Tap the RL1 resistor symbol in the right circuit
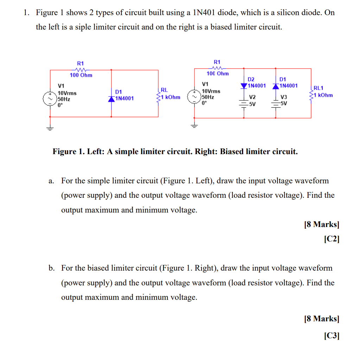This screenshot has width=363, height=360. coord(311,92)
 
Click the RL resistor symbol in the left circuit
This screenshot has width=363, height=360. coord(159,95)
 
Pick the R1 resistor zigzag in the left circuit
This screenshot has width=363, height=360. coord(81,69)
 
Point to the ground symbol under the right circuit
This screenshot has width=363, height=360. coord(193,125)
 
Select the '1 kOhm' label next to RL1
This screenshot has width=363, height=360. coord(324,95)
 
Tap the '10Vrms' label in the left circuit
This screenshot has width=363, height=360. coord(67,93)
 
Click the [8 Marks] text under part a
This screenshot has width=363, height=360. coord(321,225)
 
